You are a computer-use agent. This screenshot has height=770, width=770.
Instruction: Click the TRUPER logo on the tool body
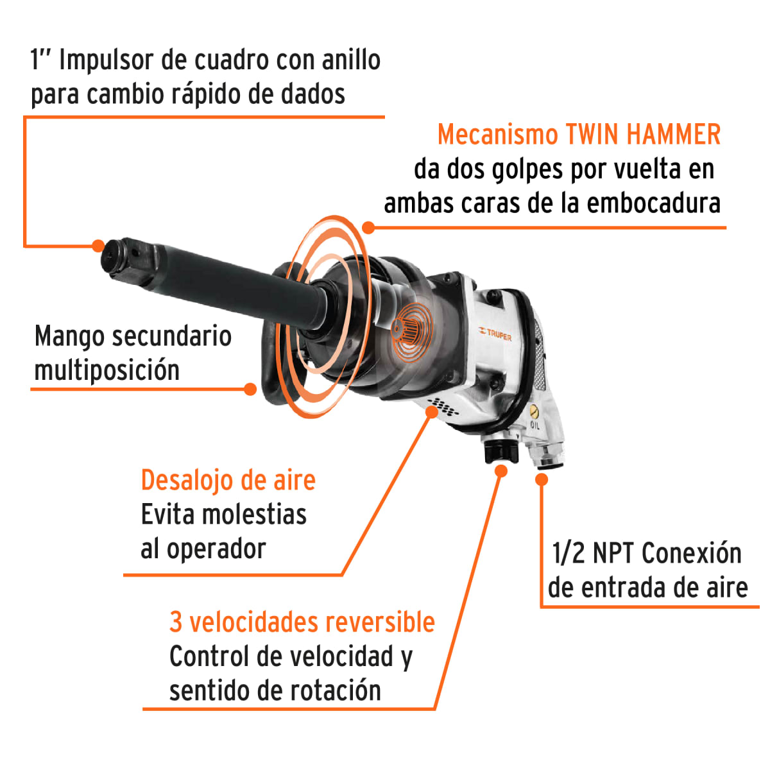[495, 333]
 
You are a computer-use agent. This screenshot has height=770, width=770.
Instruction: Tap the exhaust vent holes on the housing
[443, 406]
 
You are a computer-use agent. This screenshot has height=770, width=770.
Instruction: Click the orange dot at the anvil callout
[98, 245]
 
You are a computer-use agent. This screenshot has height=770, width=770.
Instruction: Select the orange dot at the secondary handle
[250, 389]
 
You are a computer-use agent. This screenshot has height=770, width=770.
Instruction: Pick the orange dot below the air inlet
[542, 479]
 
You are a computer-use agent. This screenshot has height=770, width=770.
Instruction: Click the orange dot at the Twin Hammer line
[368, 227]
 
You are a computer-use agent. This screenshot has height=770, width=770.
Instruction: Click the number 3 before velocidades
[176, 622]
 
